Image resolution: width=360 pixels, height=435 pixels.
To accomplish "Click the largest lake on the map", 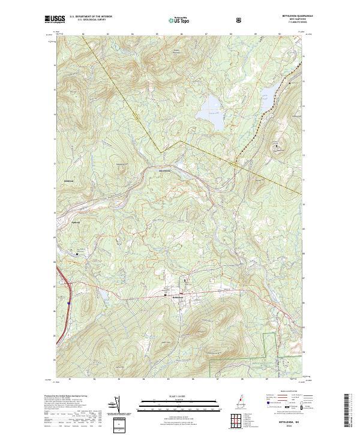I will pos(210,106).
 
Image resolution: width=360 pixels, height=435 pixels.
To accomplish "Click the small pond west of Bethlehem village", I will pos(101,296).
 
